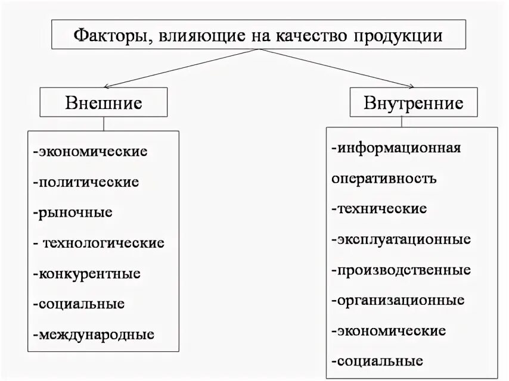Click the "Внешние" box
click(104, 103)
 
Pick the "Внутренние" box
click(414, 103)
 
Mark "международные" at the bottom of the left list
click(95, 335)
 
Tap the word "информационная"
click(398, 148)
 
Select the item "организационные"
click(399, 300)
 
